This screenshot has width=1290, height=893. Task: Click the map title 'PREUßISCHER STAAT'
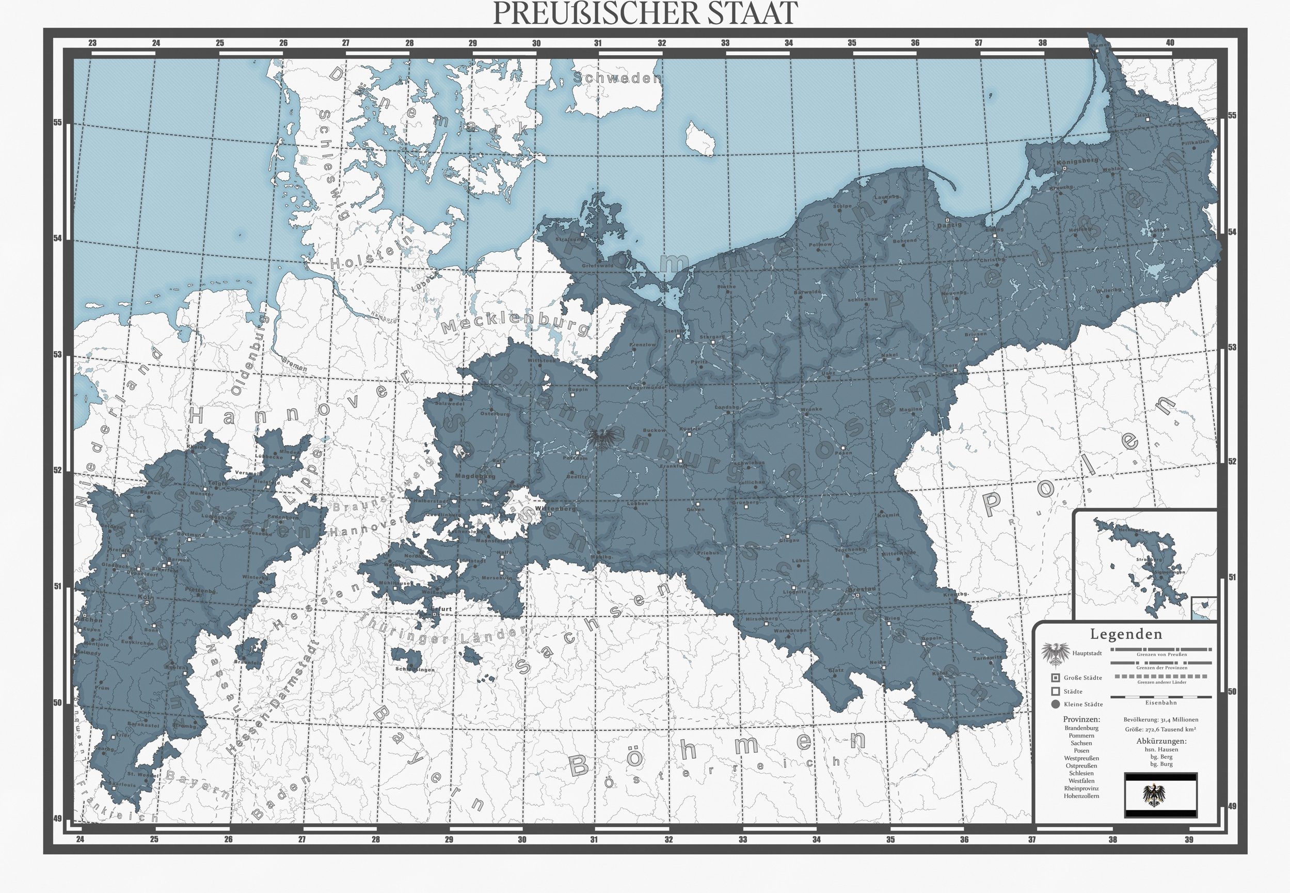pyautogui.click(x=645, y=13)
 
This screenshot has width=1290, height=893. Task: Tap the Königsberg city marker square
pyautogui.click(x=1064, y=168)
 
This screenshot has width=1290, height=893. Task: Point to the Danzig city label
pyautogui.click(x=949, y=226)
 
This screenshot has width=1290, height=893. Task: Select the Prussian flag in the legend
pyautogui.click(x=1160, y=794)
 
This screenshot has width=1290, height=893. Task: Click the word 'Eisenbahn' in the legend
pyautogui.click(x=1161, y=702)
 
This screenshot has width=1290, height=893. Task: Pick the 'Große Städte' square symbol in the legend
pyautogui.click(x=1055, y=678)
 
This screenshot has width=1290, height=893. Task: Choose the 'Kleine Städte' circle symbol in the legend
pyautogui.click(x=1055, y=704)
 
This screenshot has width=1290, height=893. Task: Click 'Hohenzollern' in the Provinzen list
pyautogui.click(x=1081, y=795)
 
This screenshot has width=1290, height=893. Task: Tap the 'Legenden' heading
pyautogui.click(x=1126, y=634)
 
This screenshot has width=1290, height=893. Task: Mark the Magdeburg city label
pyautogui.click(x=475, y=476)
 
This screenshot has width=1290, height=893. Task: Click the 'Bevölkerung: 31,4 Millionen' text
pyautogui.click(x=1160, y=719)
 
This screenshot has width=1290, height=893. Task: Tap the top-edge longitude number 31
pyautogui.click(x=598, y=43)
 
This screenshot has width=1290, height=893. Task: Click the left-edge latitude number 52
pyautogui.click(x=58, y=470)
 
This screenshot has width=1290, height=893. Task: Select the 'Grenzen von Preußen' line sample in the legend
pyautogui.click(x=1161, y=650)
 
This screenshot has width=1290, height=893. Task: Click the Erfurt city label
pyautogui.click(x=442, y=609)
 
